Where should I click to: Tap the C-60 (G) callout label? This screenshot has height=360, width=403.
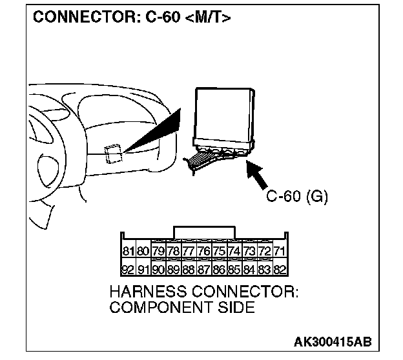298,196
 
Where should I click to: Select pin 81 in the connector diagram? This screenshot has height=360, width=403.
128,251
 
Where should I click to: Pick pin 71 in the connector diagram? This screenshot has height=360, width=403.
280,251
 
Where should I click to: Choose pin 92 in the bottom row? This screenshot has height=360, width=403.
128,269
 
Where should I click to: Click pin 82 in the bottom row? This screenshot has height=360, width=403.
280,269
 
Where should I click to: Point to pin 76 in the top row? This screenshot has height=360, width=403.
203,251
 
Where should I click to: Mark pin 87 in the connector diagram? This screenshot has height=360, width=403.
203,269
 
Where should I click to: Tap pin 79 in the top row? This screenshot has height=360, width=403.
158,251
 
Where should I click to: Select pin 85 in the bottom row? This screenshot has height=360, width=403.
234,269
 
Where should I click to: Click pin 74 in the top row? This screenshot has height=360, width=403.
234,251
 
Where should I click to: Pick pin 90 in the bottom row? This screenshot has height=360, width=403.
158,269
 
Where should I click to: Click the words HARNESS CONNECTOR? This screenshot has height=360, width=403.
203,292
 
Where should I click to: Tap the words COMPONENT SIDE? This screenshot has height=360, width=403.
182,307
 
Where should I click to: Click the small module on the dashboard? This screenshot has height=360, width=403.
113,152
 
